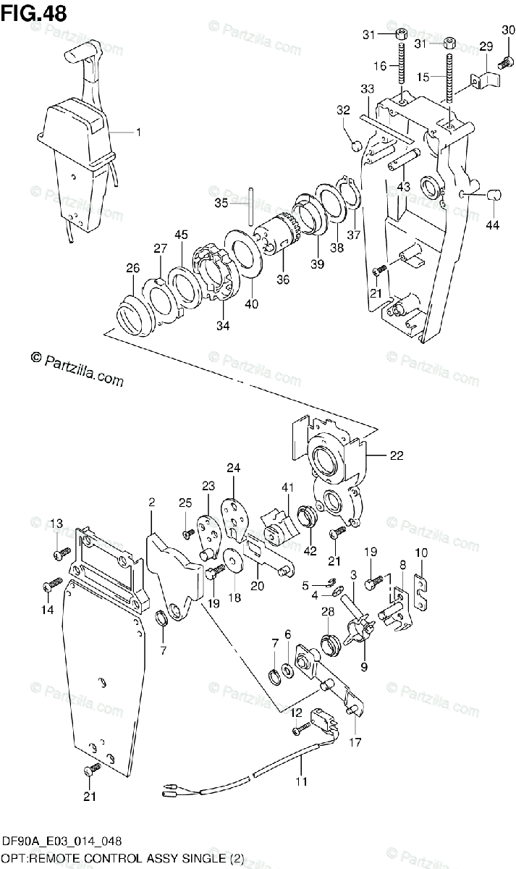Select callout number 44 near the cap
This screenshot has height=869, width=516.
(492, 225)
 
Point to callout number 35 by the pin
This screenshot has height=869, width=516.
(221, 203)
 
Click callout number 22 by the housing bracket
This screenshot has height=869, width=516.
(397, 456)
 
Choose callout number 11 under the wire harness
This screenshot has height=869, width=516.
(300, 781)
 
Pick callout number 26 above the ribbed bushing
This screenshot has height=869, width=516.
(132, 269)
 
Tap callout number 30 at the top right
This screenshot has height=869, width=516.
(507, 29)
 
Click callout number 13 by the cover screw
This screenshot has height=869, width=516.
(56, 524)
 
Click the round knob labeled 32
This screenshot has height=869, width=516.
(355, 147)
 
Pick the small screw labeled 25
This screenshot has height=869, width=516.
(189, 534)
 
